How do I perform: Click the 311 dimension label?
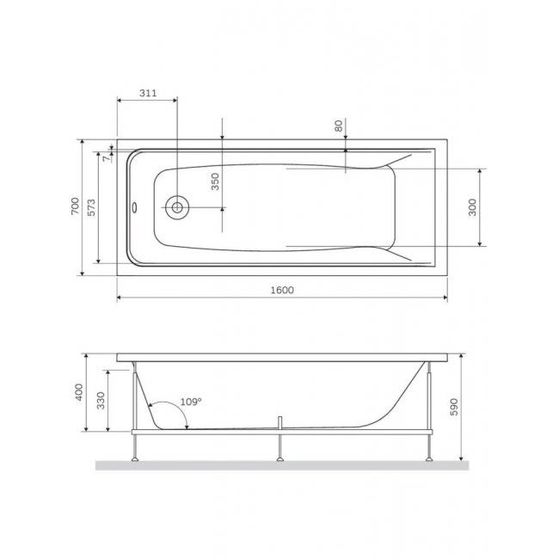[148, 93]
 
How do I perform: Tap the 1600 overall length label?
[282, 290]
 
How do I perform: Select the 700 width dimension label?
[75, 206]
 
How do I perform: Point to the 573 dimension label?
[92, 207]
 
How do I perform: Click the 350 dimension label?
[215, 181]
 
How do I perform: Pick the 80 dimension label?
[338, 126]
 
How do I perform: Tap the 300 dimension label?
[472, 207]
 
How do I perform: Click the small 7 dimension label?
[107, 158]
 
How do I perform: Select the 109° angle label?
[191, 402]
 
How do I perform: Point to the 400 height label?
[79, 392]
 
